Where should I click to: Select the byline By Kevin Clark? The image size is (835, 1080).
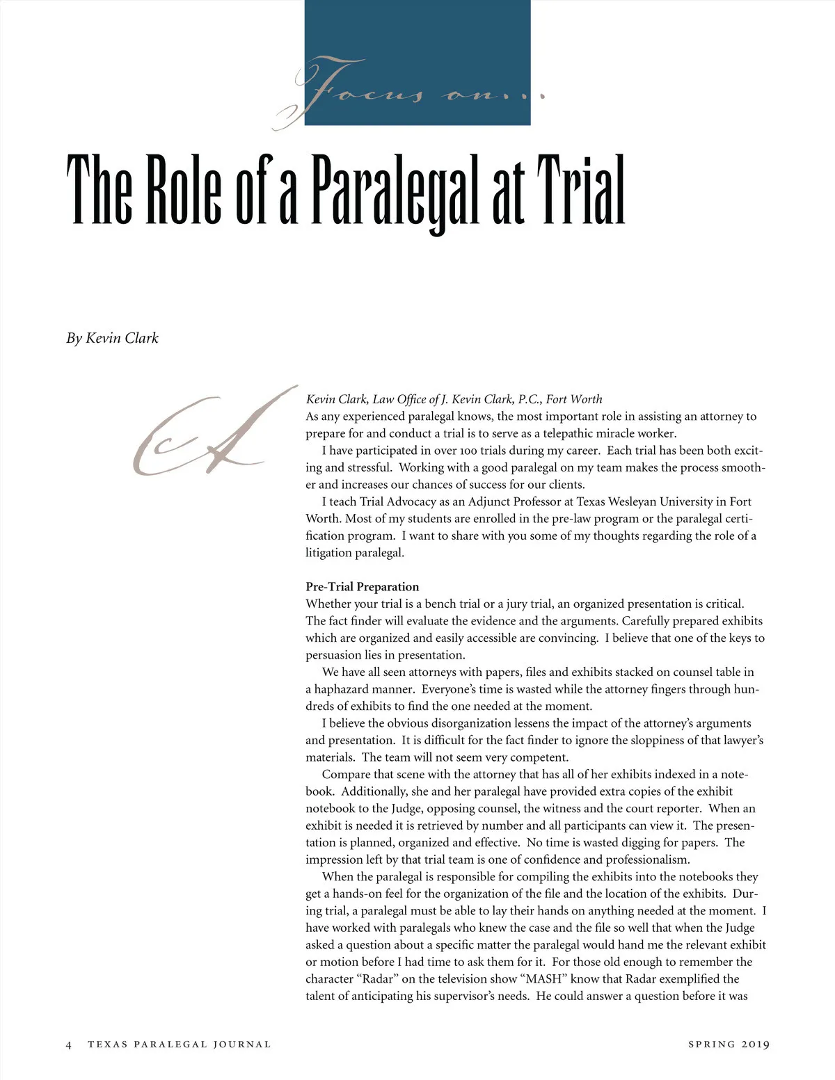point(113,338)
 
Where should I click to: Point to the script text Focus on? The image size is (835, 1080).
point(411,94)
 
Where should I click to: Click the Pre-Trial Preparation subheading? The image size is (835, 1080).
point(362,586)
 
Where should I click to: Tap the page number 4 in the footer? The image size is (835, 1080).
point(68,1044)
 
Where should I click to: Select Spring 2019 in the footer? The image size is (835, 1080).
point(729,1044)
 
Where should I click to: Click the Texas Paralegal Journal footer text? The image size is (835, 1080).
point(179,1044)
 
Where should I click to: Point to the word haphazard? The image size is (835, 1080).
point(340,689)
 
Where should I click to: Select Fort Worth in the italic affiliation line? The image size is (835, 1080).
point(574,399)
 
